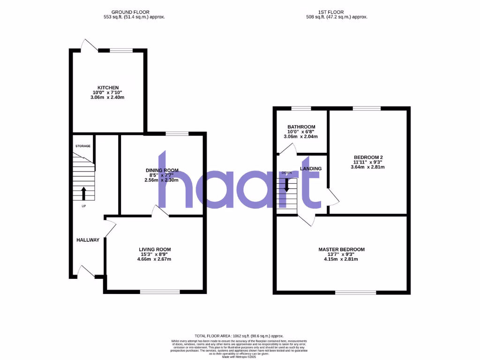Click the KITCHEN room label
[108, 88]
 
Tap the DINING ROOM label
[162, 170]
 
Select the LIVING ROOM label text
[155, 249]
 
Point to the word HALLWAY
[88, 240]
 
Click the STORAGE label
[83, 146]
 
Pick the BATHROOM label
[301, 127]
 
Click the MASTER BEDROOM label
[341, 249]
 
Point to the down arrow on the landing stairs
[287, 185]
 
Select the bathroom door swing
[287, 149]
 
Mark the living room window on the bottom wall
[160, 292]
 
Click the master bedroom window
[356, 292]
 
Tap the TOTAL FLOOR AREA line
[240, 336]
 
